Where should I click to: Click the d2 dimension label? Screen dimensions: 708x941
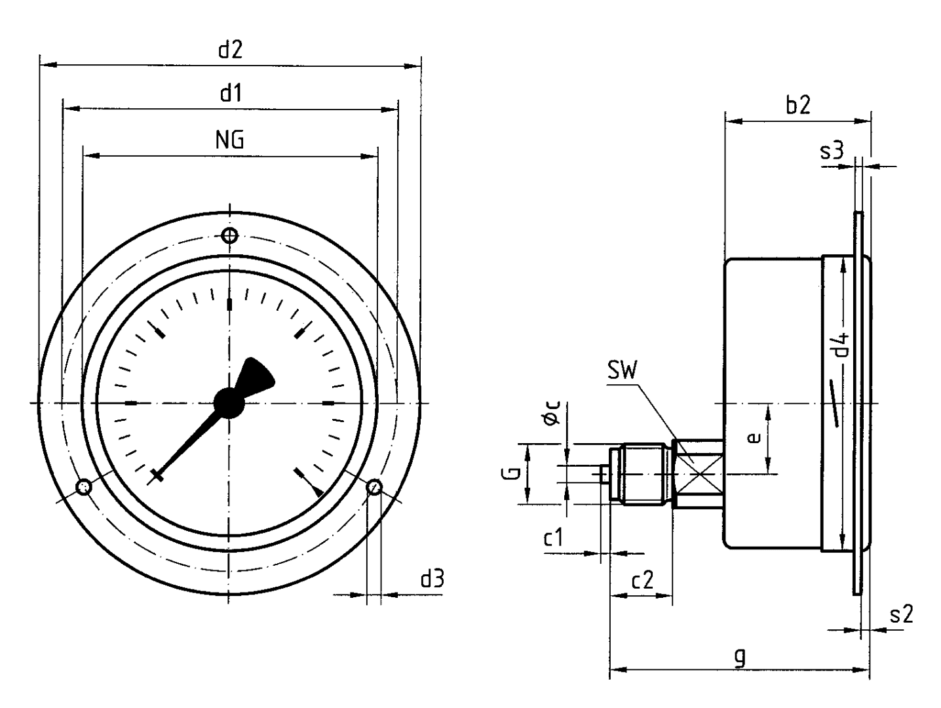[230, 50]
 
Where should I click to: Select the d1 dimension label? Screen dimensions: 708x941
[230, 94]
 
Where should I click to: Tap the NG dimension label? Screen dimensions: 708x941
[229, 140]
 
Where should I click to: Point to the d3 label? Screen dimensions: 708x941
[432, 578]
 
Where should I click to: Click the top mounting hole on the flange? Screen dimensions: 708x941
[229, 235]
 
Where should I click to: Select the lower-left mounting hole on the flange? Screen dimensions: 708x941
[83, 487]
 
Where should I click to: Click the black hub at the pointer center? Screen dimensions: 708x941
[228, 402]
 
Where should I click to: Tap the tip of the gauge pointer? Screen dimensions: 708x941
[155, 477]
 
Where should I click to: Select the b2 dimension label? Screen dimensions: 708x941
[797, 106]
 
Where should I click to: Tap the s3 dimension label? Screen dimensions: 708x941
[832, 151]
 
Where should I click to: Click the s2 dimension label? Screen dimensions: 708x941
[901, 614]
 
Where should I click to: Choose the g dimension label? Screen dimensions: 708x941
[740, 656]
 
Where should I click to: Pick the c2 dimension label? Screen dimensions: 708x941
[642, 580]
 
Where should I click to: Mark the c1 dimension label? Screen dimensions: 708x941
[553, 538]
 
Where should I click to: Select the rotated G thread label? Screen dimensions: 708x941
[515, 473]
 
